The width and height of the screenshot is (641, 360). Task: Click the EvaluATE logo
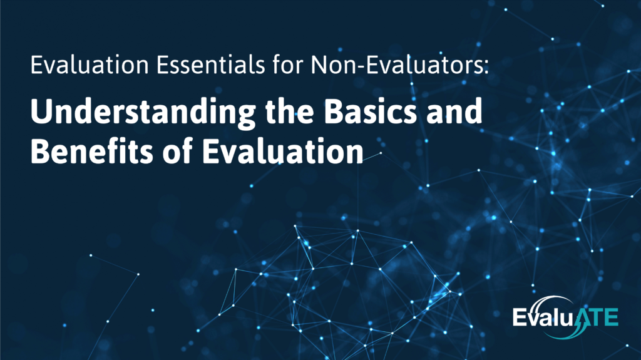(x=565, y=316)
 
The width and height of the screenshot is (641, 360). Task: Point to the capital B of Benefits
(x=41, y=151)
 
